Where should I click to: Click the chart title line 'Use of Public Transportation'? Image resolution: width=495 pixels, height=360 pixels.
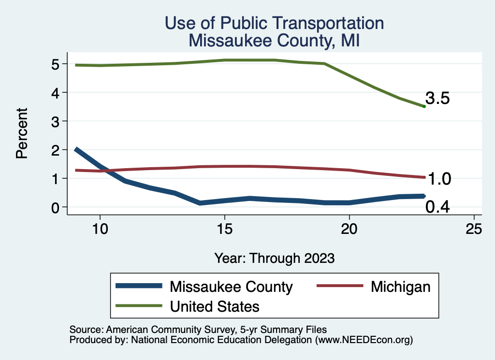(x=274, y=23)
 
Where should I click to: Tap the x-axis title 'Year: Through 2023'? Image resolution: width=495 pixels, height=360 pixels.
(x=274, y=258)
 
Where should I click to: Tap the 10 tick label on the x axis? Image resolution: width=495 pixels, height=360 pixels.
(x=100, y=230)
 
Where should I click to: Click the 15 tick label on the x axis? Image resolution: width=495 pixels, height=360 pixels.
(x=224, y=230)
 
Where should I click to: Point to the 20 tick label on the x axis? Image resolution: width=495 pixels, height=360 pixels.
(x=349, y=230)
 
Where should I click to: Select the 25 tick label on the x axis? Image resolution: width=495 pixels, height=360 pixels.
(x=474, y=230)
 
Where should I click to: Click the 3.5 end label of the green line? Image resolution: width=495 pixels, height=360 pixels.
(x=438, y=99)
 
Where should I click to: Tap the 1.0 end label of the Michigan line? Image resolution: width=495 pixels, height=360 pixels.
(x=439, y=179)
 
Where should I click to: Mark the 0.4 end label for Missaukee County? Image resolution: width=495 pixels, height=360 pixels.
(x=438, y=207)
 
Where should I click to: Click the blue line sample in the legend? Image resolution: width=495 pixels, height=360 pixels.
(x=139, y=286)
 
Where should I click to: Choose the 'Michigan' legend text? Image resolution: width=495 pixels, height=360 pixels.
(x=400, y=287)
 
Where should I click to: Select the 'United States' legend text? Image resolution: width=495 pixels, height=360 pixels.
(x=215, y=306)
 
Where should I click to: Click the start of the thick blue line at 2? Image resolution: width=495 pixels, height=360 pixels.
(x=76, y=150)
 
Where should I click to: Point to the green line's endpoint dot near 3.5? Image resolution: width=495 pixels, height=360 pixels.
(x=424, y=106)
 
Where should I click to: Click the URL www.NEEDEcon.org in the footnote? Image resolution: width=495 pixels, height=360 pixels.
(x=364, y=340)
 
